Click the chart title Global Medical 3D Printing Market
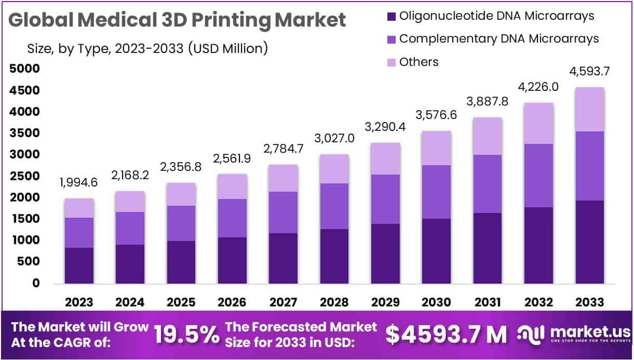coord(177,20)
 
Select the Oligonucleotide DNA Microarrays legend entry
coord(490,16)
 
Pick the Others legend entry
coord(412,62)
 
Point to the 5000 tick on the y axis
coord(24,69)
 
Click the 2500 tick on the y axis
coord(24,176)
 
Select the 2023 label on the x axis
coord(79,302)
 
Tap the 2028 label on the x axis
coord(334,302)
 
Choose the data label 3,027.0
coord(334,139)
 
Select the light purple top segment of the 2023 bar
coord(79,208)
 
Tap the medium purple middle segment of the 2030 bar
coord(437,192)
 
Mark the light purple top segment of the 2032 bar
coord(538,123)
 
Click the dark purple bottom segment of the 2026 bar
coord(232,260)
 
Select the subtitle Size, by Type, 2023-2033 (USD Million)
coord(147,49)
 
